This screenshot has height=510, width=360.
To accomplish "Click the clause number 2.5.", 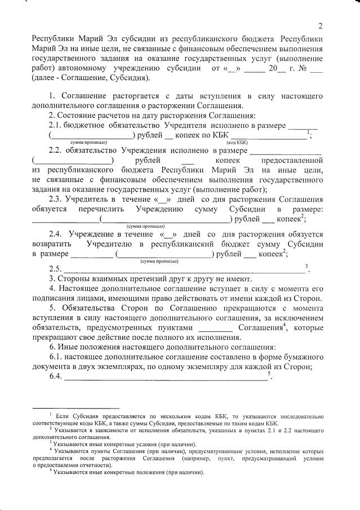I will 57,268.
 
